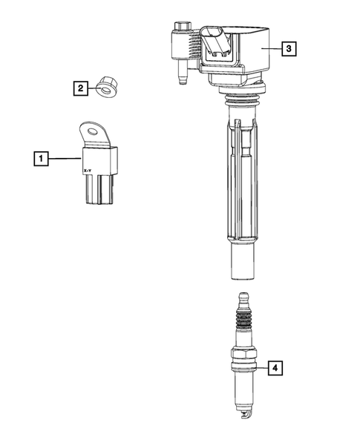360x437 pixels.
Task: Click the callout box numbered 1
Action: pyautogui.click(x=42, y=158)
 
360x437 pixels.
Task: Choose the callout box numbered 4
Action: pyautogui.click(x=275, y=367)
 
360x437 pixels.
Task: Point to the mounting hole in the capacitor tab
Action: pyautogui.click(x=94, y=134)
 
